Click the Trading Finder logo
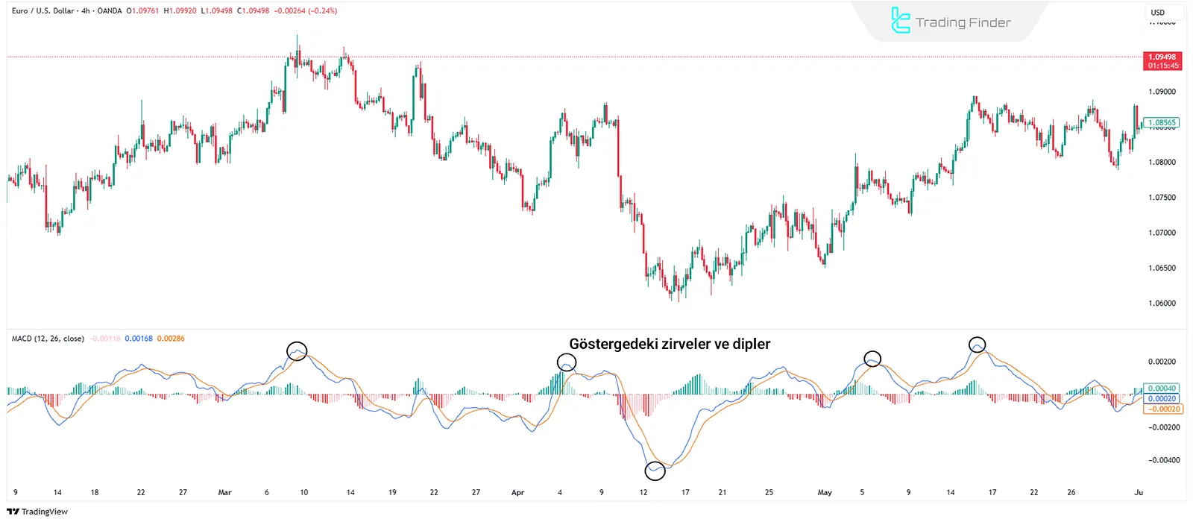[x=951, y=22]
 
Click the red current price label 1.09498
[x=1162, y=61]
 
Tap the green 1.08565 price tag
[x=1162, y=123]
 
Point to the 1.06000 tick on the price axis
[x=1162, y=304]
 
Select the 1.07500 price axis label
[x=1162, y=198]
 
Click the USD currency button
[x=1158, y=13]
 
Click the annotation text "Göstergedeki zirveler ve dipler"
[x=670, y=344]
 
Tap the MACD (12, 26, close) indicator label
[x=48, y=339]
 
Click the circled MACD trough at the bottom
[x=655, y=471]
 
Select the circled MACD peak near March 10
[x=297, y=350]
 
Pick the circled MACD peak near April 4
[x=567, y=362]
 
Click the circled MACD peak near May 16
[x=978, y=345]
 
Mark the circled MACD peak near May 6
[x=872, y=359]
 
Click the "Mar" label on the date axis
[x=224, y=492]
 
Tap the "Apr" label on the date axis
[x=518, y=492]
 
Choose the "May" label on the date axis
[x=825, y=492]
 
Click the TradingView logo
[x=37, y=512]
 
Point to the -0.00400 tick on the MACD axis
[x=1164, y=460]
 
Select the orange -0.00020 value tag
[x=1164, y=409]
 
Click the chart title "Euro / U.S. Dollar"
[x=43, y=11]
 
